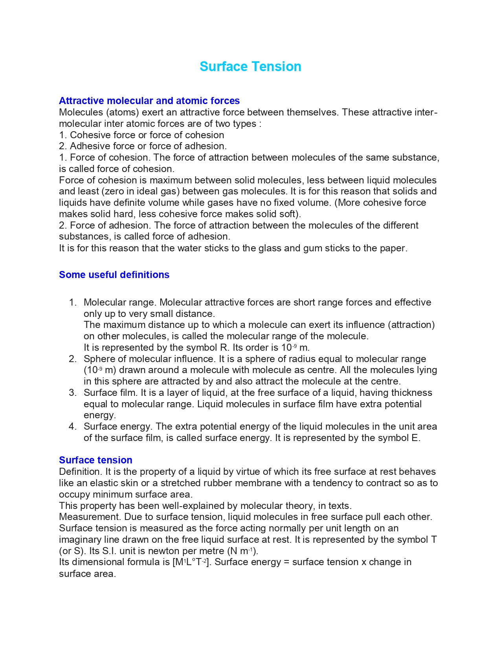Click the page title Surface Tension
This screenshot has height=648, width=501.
tap(250, 67)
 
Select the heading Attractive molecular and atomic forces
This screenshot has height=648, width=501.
tap(149, 101)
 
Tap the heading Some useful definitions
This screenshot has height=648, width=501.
tap(114, 275)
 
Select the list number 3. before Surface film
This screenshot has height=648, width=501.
tap(72, 393)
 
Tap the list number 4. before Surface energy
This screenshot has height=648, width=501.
tap(72, 427)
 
